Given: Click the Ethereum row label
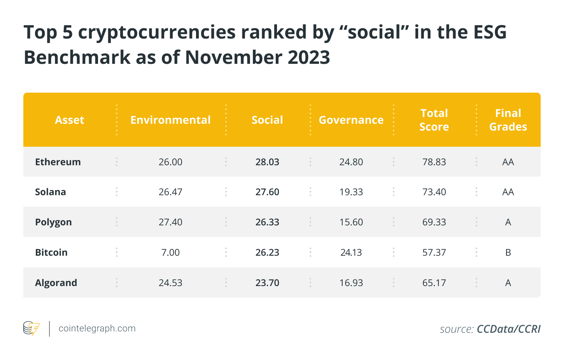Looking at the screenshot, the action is pyautogui.click(x=58, y=162).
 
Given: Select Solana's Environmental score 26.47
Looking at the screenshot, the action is pyautogui.click(x=170, y=192).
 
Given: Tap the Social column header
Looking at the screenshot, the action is pyautogui.click(x=267, y=120).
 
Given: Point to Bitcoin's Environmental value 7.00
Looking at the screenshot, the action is pyautogui.click(x=170, y=253).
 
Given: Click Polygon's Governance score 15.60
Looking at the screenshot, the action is pyautogui.click(x=351, y=222).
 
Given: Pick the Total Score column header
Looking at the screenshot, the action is pyautogui.click(x=434, y=120).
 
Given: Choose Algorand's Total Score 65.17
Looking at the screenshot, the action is pyautogui.click(x=434, y=283).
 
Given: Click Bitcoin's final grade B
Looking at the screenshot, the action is pyautogui.click(x=508, y=253).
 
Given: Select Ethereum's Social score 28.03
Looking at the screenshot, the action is pyautogui.click(x=267, y=162).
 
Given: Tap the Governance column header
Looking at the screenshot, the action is pyautogui.click(x=351, y=120).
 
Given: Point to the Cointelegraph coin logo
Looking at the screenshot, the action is pyautogui.click(x=32, y=328).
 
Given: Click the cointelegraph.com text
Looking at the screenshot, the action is pyautogui.click(x=97, y=328).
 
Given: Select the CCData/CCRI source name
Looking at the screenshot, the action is pyautogui.click(x=509, y=329).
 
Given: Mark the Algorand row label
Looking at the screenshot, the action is pyautogui.click(x=56, y=283).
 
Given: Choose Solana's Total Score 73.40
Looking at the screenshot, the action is pyautogui.click(x=434, y=192).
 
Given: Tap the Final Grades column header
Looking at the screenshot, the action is pyautogui.click(x=508, y=120).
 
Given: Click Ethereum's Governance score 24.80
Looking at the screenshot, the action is pyautogui.click(x=351, y=162).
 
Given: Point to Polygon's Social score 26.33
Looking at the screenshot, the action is pyautogui.click(x=267, y=222).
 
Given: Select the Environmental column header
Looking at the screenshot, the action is pyautogui.click(x=170, y=120).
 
